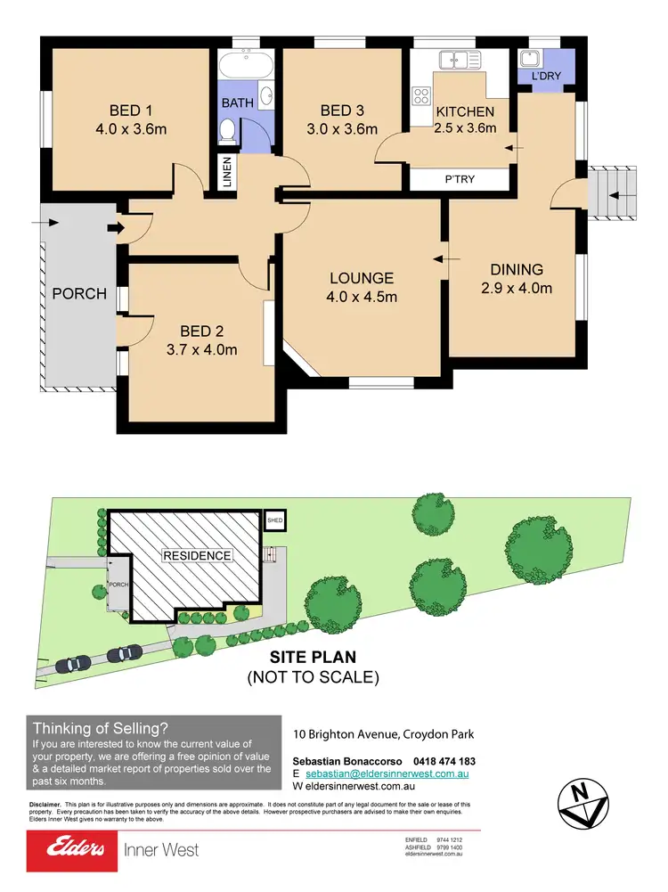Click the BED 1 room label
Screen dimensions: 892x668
[130, 110]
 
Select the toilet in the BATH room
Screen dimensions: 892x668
[228, 132]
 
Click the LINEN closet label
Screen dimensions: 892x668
[226, 172]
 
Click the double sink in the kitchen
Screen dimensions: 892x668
[459, 61]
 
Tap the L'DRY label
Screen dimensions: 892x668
[546, 77]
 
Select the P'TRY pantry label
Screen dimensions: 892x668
[460, 178]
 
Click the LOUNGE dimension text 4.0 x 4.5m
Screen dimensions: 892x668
[362, 297]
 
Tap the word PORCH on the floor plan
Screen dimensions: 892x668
[78, 293]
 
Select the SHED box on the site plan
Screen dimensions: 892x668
[275, 520]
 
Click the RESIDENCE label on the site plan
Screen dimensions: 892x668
[197, 555]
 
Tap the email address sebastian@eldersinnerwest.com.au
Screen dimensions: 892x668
[393, 775]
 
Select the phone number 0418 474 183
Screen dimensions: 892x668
[433, 761]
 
